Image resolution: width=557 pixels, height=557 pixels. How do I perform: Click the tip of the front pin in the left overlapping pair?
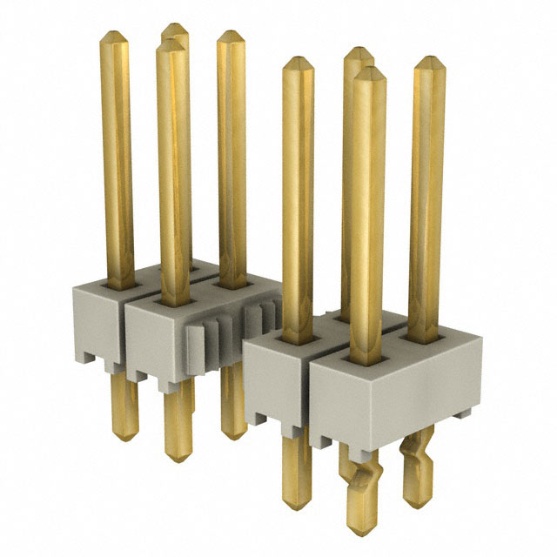(x=171, y=43)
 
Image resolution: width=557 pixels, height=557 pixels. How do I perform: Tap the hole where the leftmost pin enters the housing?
(x=116, y=281)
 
